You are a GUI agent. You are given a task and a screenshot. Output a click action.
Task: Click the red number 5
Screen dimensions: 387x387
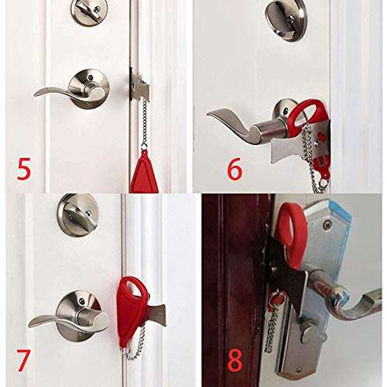[24, 169]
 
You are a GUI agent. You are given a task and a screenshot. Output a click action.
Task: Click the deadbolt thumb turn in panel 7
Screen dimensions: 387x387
[77, 214]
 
